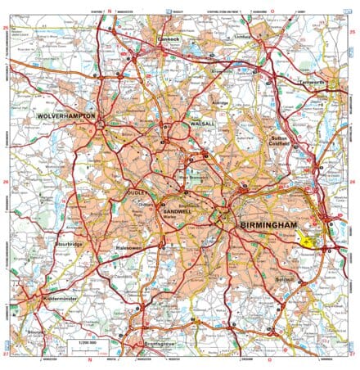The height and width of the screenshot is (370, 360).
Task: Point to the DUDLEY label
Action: [137, 193]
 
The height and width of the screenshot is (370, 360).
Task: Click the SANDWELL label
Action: [178, 212]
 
